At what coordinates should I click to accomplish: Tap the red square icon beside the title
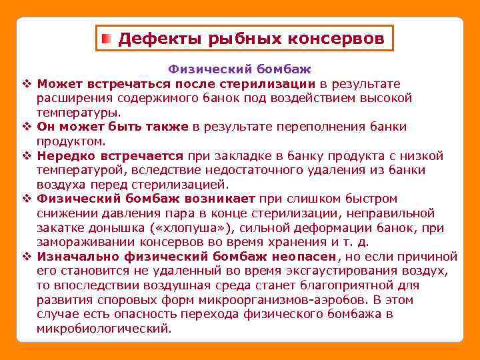pos(107,39)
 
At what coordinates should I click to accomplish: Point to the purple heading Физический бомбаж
pos(239,69)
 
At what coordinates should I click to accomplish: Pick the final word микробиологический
pos(104,329)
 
